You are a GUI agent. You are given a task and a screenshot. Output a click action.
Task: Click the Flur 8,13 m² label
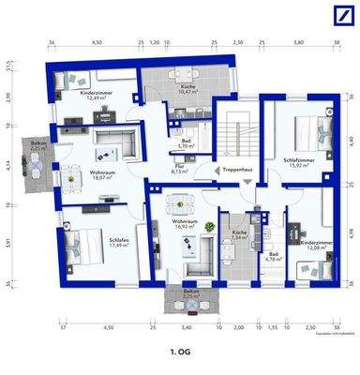point(178,169)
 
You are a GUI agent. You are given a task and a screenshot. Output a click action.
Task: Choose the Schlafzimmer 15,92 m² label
point(298,161)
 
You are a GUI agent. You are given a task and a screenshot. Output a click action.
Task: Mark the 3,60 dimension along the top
point(299,43)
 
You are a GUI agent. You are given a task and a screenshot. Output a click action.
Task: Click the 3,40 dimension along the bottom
point(186,329)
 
